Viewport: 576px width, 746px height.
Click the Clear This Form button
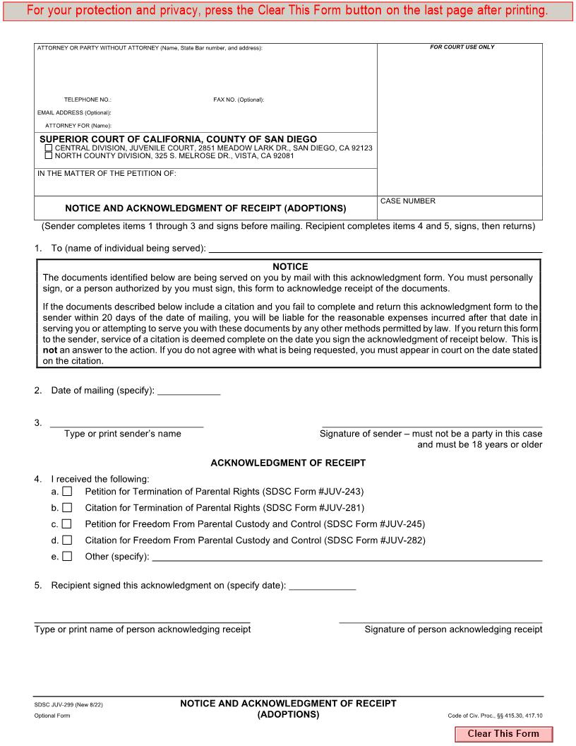coord(503,734)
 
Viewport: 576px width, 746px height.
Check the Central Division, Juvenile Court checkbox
coord(49,148)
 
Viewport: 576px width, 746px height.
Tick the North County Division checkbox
coord(49,156)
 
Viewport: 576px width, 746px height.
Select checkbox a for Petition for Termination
coord(67,491)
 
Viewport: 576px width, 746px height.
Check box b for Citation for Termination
coord(67,507)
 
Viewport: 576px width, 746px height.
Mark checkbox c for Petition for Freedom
coord(67,524)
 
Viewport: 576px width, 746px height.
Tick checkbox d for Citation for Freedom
coord(67,540)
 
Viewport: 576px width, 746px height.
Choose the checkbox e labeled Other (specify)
coord(67,557)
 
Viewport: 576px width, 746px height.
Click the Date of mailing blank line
coord(188,391)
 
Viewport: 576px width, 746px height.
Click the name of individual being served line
coord(376,249)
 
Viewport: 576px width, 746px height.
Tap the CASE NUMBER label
coord(408,201)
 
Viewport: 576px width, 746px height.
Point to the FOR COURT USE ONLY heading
coord(462,47)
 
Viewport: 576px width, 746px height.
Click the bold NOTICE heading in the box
coord(289,267)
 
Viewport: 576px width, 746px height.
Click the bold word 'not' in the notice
coord(49,350)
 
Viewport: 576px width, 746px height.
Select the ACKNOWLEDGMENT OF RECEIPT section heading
coord(288,463)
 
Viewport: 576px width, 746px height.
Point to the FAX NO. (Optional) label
coord(239,100)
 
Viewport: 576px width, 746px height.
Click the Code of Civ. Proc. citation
coord(495,716)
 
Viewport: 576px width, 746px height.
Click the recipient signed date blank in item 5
coord(323,586)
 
